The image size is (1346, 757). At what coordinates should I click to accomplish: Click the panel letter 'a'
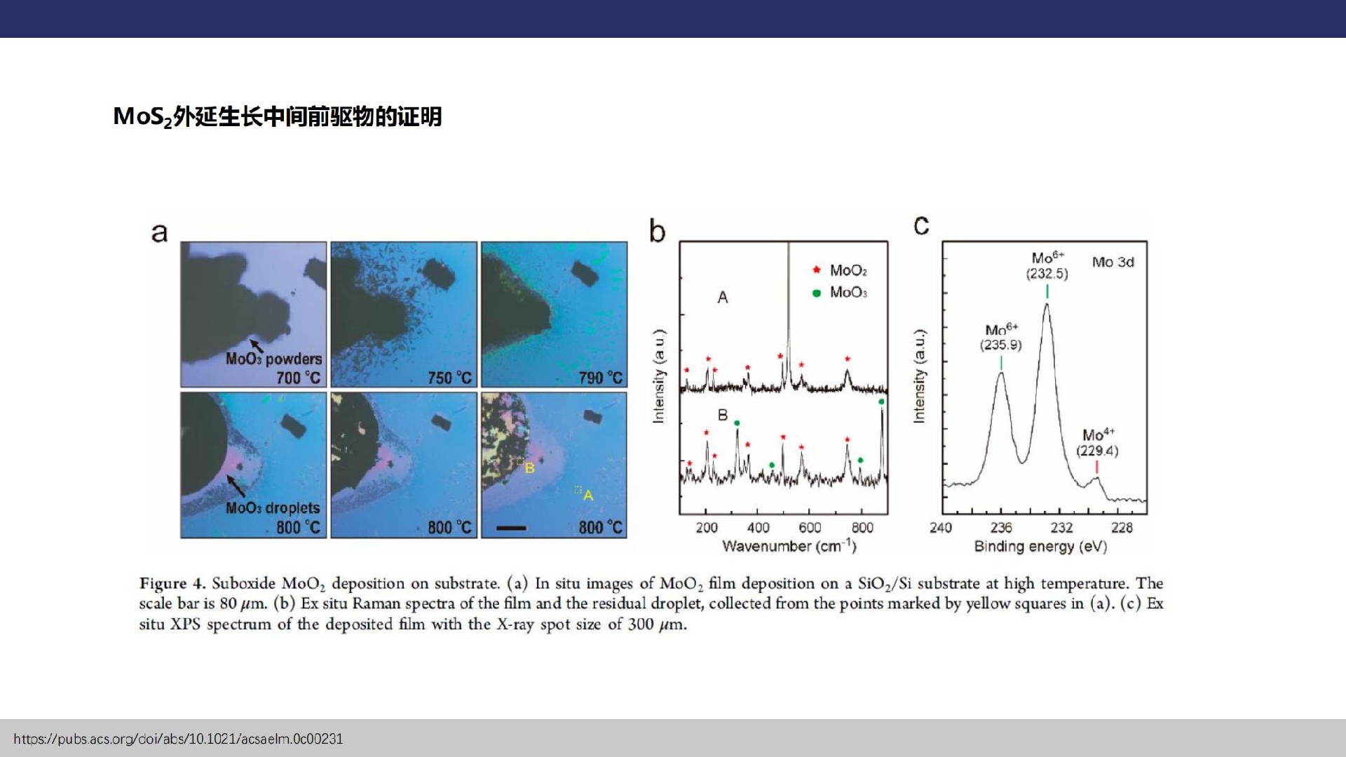[159, 233]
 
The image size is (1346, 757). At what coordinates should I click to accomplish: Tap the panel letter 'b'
[657, 231]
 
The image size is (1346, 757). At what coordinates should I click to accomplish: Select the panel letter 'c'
[921, 226]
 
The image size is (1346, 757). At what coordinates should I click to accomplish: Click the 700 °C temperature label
[298, 378]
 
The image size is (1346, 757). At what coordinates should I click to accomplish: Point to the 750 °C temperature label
[450, 378]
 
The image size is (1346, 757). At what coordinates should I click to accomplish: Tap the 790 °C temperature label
[601, 378]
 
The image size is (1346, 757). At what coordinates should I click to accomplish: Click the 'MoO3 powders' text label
[273, 359]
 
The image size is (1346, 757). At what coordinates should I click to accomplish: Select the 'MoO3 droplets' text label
[272, 508]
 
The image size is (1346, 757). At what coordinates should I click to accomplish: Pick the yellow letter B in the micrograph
[529, 468]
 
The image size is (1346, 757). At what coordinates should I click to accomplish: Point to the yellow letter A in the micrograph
[588, 496]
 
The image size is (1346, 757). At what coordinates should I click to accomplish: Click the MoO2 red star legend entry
[840, 271]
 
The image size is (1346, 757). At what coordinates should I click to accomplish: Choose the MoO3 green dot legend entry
[840, 292]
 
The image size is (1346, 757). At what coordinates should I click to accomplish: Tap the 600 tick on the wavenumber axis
[810, 528]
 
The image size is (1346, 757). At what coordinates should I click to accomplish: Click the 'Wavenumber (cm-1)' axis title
[789, 546]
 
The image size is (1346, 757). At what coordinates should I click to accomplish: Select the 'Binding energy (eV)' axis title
[1040, 547]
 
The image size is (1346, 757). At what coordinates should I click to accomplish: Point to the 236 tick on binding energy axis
[1001, 528]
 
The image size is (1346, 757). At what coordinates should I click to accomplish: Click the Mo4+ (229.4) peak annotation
[1098, 443]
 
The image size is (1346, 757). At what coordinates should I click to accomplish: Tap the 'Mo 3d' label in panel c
[1113, 262]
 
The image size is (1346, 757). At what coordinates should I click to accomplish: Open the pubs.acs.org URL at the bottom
[178, 739]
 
